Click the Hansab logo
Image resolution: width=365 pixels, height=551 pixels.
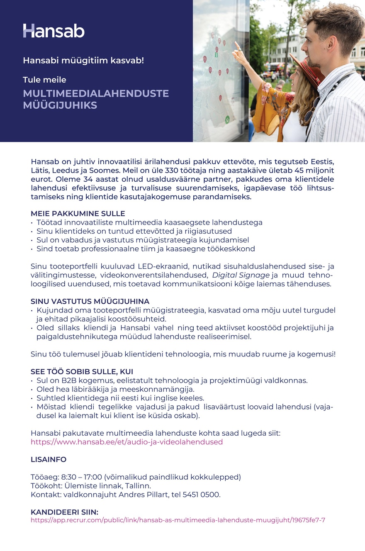[x=54, y=31]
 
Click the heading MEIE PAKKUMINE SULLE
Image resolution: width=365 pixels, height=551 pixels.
[x=78, y=214]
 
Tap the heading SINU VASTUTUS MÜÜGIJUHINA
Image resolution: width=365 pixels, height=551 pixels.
[x=90, y=301]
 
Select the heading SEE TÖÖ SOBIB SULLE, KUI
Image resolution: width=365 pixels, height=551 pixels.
[x=82, y=371]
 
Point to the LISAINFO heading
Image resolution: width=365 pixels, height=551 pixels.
[x=49, y=459]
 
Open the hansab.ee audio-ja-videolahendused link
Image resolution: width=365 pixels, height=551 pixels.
[x=127, y=442]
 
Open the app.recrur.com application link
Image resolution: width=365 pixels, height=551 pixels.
[x=178, y=520]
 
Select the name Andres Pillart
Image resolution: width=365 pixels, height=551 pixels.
[x=139, y=495]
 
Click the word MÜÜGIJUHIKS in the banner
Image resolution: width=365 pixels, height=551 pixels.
[x=60, y=105]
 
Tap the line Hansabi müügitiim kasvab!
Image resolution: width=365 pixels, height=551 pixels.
[x=83, y=61]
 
